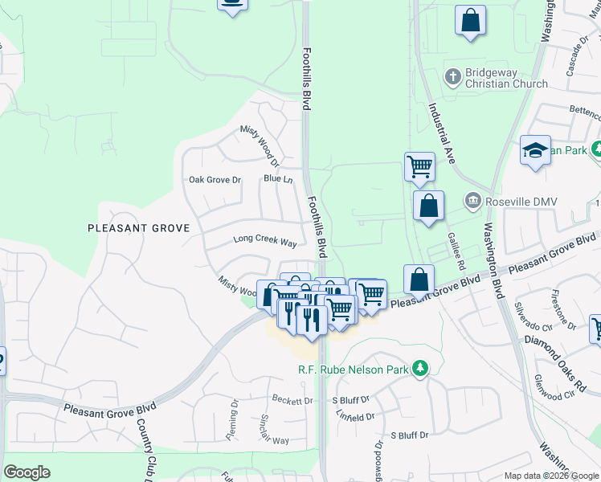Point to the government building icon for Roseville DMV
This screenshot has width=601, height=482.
click(473, 200)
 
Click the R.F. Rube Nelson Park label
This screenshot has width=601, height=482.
click(350, 369)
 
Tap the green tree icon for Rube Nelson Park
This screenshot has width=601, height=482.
click(419, 369)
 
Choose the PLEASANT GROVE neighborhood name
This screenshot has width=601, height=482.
click(138, 228)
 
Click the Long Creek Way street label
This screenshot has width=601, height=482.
click(265, 241)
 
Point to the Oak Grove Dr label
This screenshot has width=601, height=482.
click(215, 180)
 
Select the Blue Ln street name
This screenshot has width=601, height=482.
click(278, 179)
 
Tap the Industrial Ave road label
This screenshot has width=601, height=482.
click(442, 133)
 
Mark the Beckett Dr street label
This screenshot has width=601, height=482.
click(292, 399)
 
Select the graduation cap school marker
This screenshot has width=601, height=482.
click(535, 150)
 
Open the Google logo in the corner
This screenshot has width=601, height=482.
click(27, 472)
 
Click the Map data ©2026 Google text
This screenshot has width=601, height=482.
click(550, 476)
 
